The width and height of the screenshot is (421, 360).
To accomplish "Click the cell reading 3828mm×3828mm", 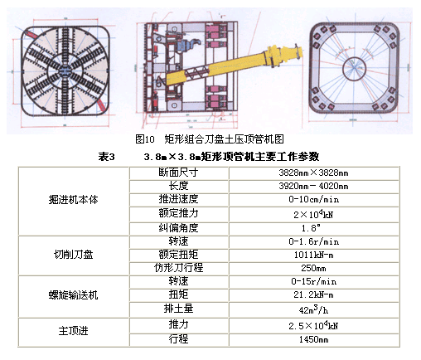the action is click(x=313, y=173).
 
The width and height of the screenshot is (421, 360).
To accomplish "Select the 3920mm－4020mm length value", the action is click(x=313, y=186).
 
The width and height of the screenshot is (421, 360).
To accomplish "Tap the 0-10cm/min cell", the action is click(x=314, y=199).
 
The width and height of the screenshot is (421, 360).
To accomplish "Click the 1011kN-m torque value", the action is click(x=314, y=255).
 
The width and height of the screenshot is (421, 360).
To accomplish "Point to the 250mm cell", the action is click(x=313, y=268).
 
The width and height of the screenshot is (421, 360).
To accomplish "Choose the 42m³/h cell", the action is click(x=313, y=309).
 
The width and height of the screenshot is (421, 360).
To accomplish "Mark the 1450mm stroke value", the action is click(x=314, y=339).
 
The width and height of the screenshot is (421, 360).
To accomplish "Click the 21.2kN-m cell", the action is click(x=314, y=294).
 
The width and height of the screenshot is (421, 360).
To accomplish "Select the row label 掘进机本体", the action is click(x=74, y=200).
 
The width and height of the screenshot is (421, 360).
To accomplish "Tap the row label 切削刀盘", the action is click(x=74, y=255).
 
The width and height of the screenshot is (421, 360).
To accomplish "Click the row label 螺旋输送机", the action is click(x=74, y=295).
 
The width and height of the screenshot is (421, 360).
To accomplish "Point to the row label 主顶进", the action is click(x=74, y=331).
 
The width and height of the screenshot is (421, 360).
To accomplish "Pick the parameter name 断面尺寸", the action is click(x=178, y=173).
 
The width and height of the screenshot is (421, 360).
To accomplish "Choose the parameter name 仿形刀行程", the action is click(x=178, y=268).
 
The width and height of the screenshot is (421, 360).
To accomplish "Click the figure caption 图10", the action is click(x=145, y=139).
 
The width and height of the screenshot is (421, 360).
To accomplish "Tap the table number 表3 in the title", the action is click(x=106, y=157).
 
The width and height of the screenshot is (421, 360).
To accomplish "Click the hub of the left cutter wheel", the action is click(x=65, y=71).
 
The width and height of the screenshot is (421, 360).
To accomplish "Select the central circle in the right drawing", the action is click(x=354, y=69).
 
